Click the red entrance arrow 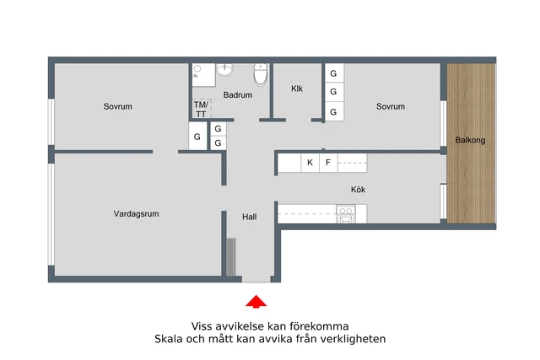pyautogui.click(x=256, y=301)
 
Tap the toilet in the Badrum pyautogui.click(x=261, y=74)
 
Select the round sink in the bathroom pyautogui.click(x=225, y=69)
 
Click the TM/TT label pyautogui.click(x=201, y=109)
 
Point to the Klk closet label pyautogui.click(x=297, y=89)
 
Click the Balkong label pyautogui.click(x=470, y=140)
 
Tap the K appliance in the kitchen pyautogui.click(x=310, y=163)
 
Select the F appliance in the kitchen pyautogui.click(x=328, y=163)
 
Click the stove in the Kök pyautogui.click(x=346, y=214)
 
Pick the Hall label pyautogui.click(x=250, y=217)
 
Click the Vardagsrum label pyautogui.click(x=137, y=214)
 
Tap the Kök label pyautogui.click(x=358, y=190)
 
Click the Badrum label pyautogui.click(x=238, y=94)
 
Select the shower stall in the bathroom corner pyautogui.click(x=203, y=75)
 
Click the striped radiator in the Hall pyautogui.click(x=231, y=257)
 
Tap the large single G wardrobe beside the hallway pyautogui.click(x=197, y=137)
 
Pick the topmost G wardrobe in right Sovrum pyautogui.click(x=334, y=73)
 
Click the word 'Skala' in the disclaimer pyautogui.click(x=169, y=339)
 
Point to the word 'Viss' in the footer pyautogui.click(x=202, y=326)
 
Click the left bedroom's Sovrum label pyautogui.click(x=118, y=106)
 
